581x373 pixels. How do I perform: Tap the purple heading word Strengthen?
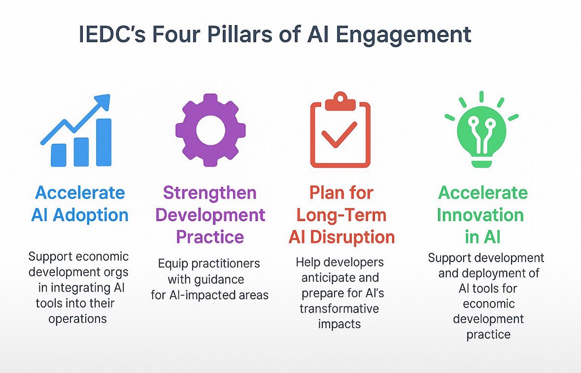click(x=210, y=193)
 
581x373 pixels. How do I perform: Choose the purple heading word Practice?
click(x=210, y=237)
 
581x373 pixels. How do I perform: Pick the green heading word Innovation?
click(x=480, y=215)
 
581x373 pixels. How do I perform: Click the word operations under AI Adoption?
click(x=77, y=318)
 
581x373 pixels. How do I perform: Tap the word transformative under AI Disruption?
click(x=340, y=308)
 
